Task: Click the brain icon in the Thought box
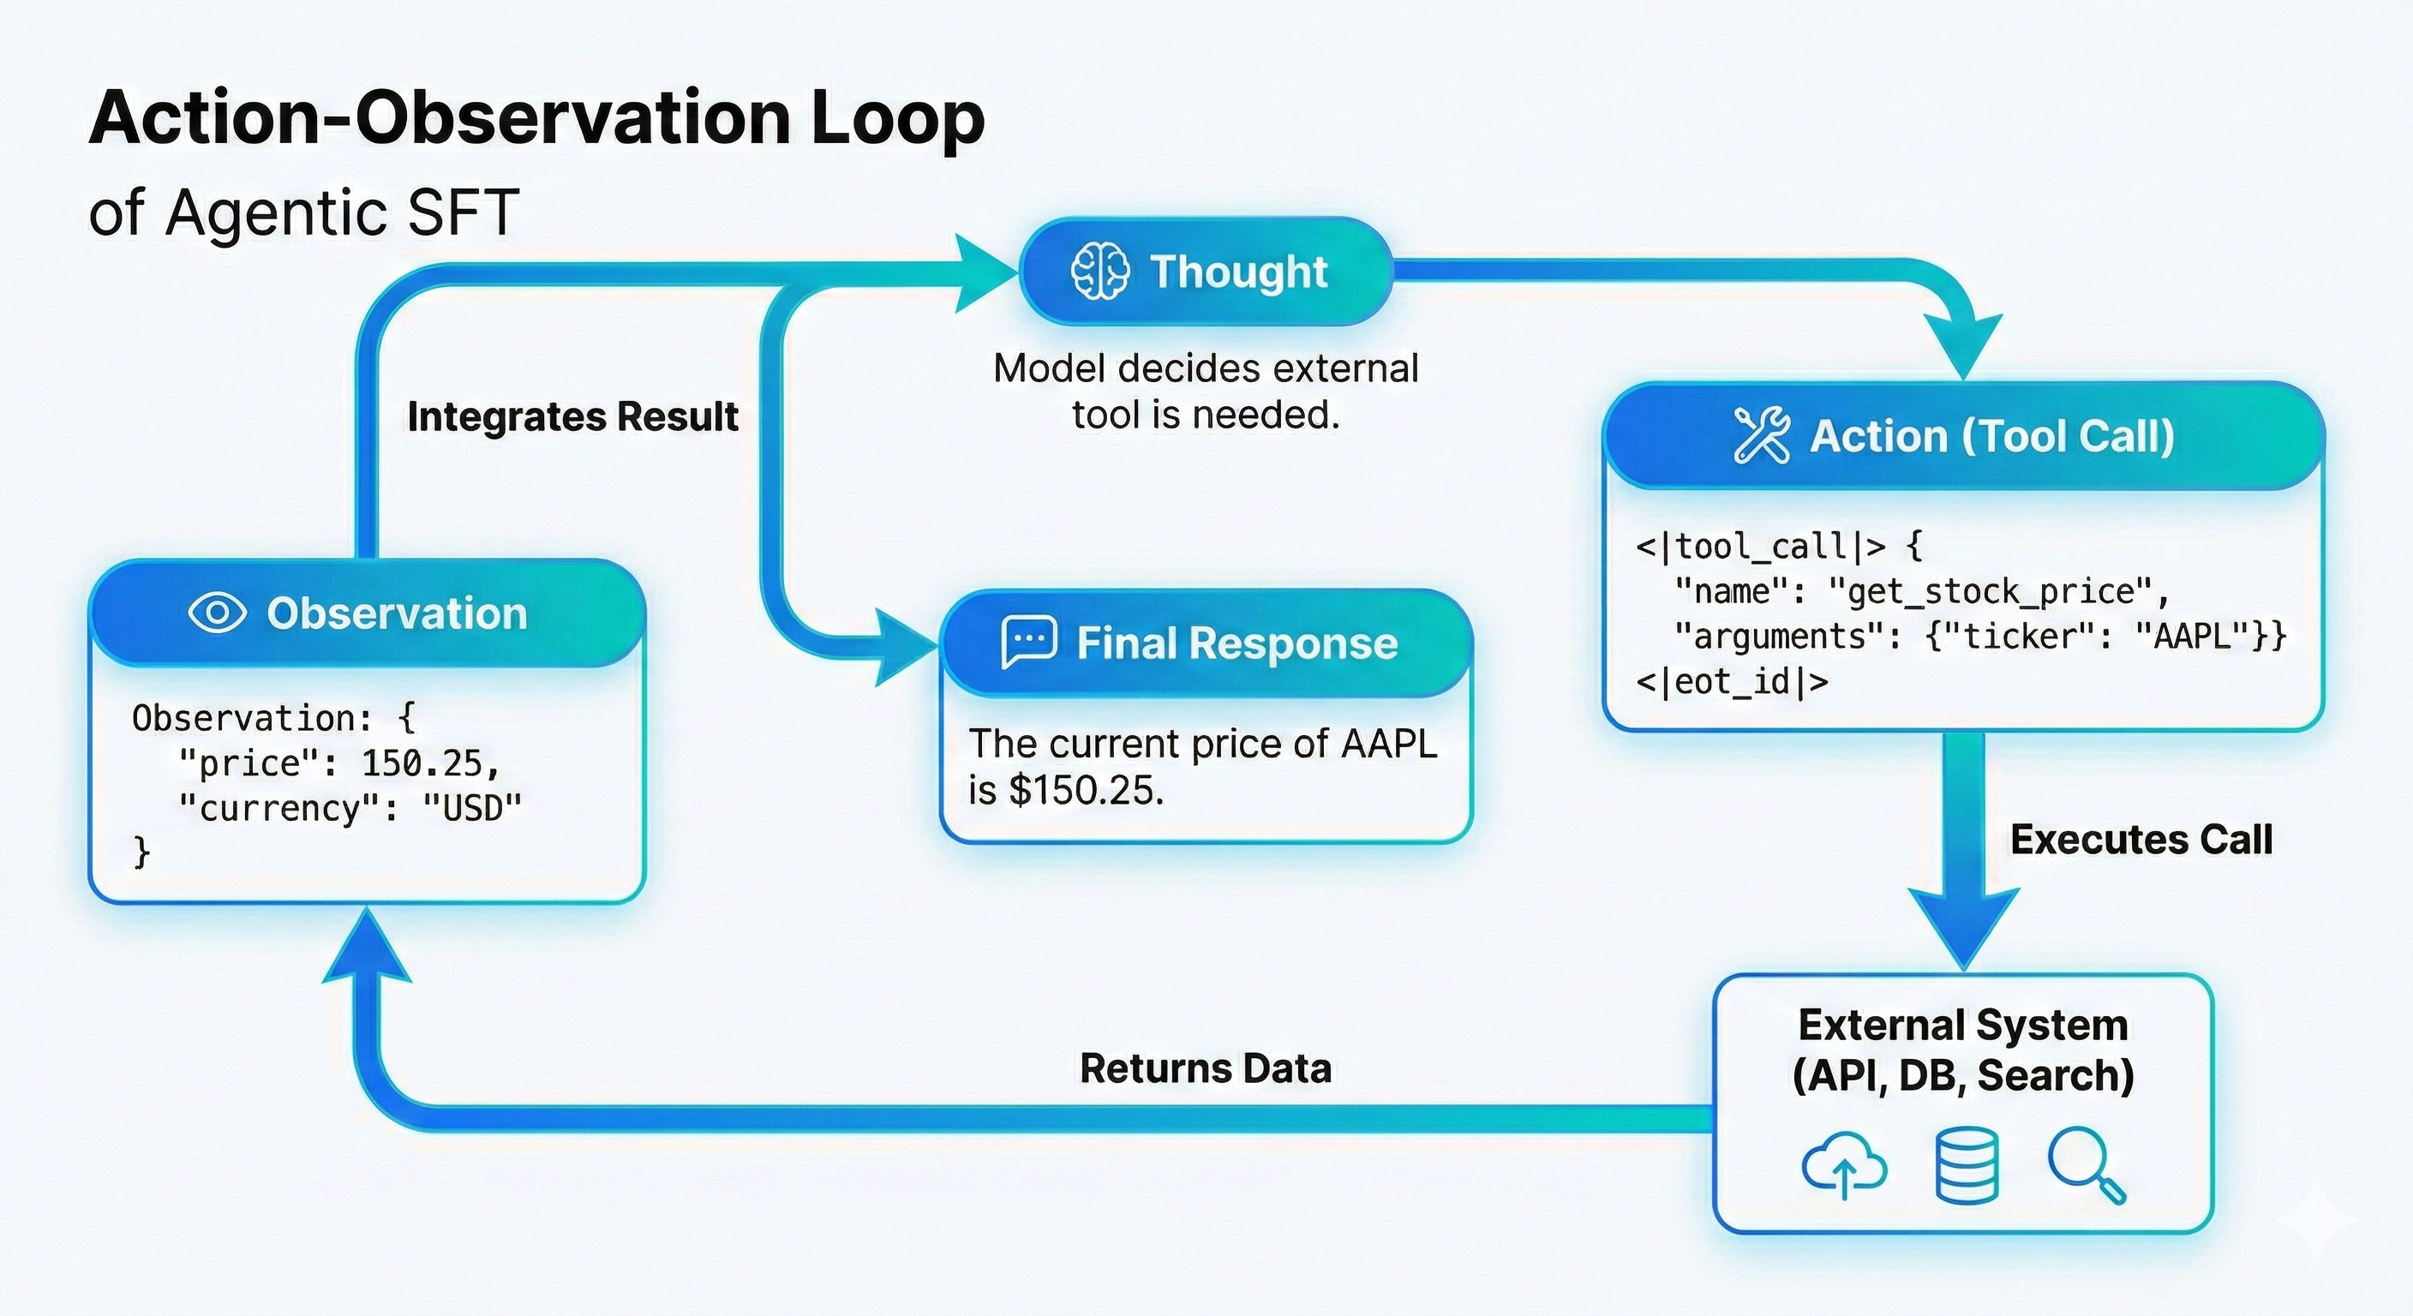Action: [1099, 272]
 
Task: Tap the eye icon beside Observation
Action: [218, 613]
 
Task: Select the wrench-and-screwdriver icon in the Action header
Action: [1761, 435]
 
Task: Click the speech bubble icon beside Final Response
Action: [1028, 643]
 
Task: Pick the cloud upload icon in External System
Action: [1843, 1166]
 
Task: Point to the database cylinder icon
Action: [1967, 1166]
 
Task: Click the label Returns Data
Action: [1206, 1068]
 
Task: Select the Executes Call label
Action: [2141, 840]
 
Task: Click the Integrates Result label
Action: [572, 416]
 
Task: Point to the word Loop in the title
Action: [897, 118]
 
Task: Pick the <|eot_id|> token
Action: [1731, 682]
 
